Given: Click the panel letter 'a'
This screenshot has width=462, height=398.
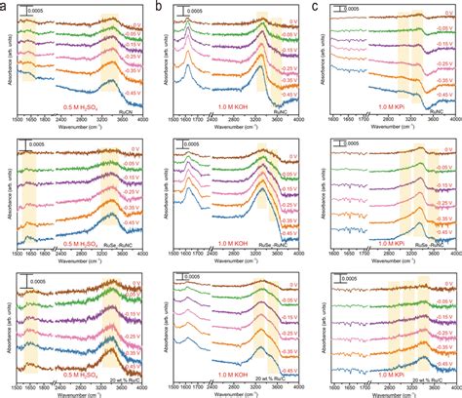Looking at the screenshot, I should pyautogui.click(x=5, y=6).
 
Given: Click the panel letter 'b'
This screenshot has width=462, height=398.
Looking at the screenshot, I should pyautogui.click(x=159, y=6).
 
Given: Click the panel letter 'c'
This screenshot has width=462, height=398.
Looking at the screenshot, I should pyautogui.click(x=313, y=6).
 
